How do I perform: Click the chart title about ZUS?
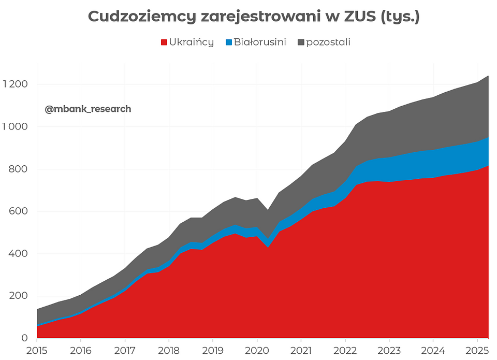coord(253,17)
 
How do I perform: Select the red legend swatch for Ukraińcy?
coord(164,42)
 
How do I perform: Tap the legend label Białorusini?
coord(259,42)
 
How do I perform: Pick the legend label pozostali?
coord(328,42)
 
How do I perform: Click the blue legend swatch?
coord(228,42)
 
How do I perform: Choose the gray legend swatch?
coord(301,42)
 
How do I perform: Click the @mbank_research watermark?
coord(88,109)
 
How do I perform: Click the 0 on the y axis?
coord(24,338)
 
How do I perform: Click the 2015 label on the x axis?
coord(37,350)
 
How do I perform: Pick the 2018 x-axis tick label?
coord(169,350)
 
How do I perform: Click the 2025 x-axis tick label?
coord(478,350)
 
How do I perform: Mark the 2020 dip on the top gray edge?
coord(268,210)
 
